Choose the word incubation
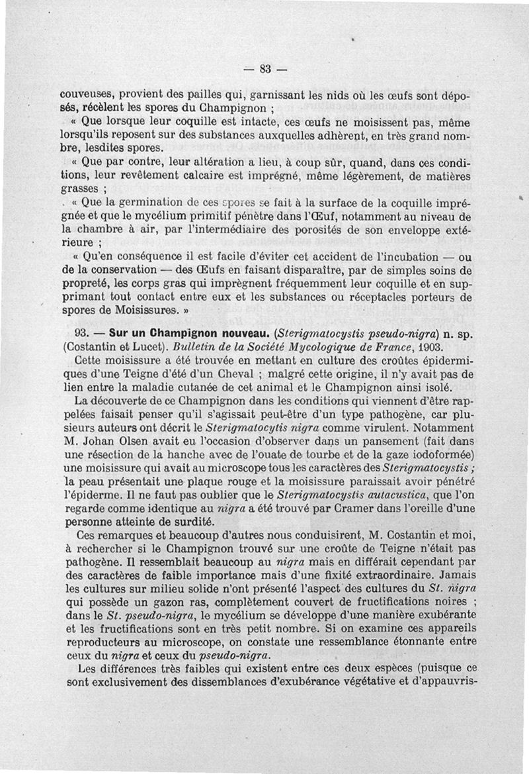pyautogui.click(x=387, y=256)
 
